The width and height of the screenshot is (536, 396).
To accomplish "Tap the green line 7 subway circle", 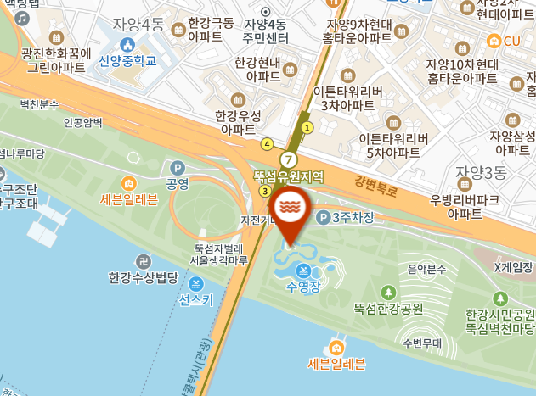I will (x=291, y=159).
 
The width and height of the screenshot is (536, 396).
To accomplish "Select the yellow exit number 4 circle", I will (x=268, y=144).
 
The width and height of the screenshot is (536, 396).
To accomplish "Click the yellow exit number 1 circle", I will (x=307, y=127).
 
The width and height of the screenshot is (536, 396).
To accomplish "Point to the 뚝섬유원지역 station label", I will (x=289, y=176).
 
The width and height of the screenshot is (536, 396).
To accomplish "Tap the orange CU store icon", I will (x=494, y=41).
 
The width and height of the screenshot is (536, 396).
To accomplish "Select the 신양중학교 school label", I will (x=127, y=60).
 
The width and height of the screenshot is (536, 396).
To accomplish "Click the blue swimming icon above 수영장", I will (x=303, y=271).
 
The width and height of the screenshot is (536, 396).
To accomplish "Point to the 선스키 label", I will (x=196, y=299).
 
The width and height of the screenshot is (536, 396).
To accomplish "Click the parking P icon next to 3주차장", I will (x=323, y=218).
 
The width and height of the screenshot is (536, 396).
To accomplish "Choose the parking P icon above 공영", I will (x=178, y=168).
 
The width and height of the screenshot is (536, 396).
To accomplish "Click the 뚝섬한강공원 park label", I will (x=389, y=309).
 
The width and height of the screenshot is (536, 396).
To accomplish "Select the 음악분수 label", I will (x=426, y=270).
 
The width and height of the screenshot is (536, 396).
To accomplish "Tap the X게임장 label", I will (x=514, y=268).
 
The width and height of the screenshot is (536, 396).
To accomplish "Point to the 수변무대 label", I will (x=423, y=343).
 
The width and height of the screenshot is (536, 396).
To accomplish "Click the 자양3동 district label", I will (x=481, y=172).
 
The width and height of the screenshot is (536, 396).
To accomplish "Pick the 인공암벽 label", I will (x=83, y=123).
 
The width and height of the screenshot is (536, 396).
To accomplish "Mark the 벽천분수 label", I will (x=39, y=103).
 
